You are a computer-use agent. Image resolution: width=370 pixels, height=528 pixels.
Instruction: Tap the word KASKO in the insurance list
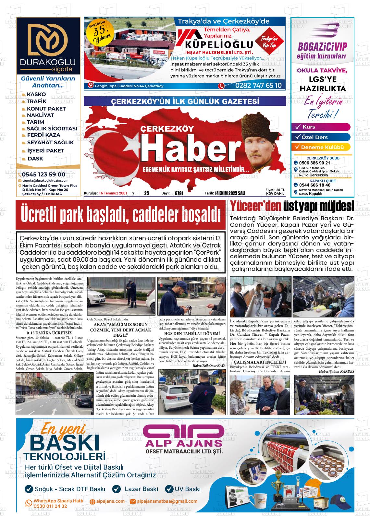tap(36, 94)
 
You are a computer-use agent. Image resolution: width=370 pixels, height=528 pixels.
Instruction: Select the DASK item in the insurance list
tap(35, 159)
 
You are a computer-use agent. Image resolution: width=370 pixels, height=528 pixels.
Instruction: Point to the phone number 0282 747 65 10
tap(258, 86)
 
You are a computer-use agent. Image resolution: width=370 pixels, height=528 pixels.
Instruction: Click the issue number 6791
tap(179, 193)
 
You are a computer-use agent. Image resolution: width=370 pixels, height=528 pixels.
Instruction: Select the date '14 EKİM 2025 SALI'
tap(229, 193)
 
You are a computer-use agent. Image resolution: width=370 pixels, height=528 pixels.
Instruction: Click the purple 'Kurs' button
tap(321, 127)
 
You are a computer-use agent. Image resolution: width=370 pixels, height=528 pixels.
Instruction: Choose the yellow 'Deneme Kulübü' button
tap(321, 147)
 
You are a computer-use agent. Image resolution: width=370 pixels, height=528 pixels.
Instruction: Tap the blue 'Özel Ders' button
tap(321, 137)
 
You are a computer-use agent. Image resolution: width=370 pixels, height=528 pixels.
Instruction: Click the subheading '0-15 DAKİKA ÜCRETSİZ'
tap(49, 333)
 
